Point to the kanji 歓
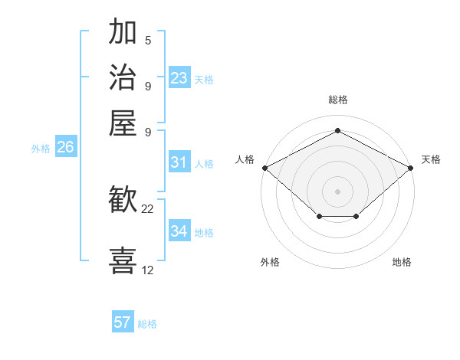coord(123,201)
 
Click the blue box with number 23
coord(179,78)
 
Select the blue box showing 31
coord(179,162)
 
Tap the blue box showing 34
coord(179,231)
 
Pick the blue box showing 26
coord(65,148)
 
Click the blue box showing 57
coord(123,322)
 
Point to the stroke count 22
coord(148,208)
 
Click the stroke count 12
coord(148,270)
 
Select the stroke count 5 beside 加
coord(148,40)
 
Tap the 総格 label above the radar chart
coord(337,100)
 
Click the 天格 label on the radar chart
coord(431,159)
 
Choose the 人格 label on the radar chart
coord(245,159)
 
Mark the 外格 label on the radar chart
coord(270,262)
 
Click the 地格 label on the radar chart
coord(402,262)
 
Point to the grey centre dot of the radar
coord(337,191)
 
